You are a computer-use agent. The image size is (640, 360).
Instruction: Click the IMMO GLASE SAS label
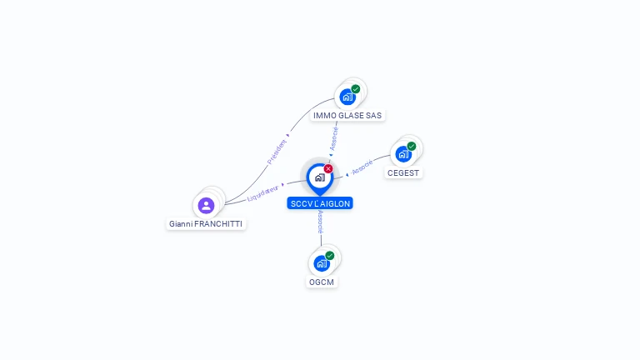[x=348, y=115]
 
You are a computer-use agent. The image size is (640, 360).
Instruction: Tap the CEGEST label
[x=404, y=172]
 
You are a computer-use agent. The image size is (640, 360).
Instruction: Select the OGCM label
[x=322, y=282]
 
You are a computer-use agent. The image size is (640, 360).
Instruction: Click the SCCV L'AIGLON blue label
[x=320, y=203]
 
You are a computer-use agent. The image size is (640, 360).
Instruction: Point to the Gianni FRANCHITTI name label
[x=207, y=223]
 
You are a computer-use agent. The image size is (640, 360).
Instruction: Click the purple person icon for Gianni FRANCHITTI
[x=207, y=205]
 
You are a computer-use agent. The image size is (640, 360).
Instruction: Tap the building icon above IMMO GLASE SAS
[x=347, y=97]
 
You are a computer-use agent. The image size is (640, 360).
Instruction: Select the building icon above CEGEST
[x=403, y=154]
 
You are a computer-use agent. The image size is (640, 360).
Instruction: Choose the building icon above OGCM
[x=321, y=263]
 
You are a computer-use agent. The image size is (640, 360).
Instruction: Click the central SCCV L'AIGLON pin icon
[x=319, y=177]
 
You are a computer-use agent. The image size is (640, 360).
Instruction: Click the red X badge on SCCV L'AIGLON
[x=328, y=168]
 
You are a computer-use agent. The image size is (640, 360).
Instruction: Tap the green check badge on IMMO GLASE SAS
[x=356, y=89]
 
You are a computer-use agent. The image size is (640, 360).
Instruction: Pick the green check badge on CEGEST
[x=412, y=146]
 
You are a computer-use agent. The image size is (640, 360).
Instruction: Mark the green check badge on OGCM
[x=330, y=256]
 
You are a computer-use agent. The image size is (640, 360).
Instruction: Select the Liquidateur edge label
[x=263, y=193]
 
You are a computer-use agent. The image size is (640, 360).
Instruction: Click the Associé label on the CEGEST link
[x=362, y=168]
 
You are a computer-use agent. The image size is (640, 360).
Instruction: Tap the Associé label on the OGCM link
[x=321, y=221]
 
